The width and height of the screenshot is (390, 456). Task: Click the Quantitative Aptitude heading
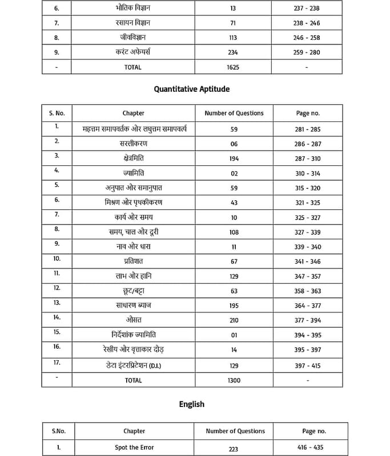point(192,89)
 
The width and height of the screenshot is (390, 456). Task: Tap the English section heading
point(191,404)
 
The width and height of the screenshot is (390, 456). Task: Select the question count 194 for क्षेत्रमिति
point(234,158)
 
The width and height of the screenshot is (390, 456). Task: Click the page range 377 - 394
point(307,320)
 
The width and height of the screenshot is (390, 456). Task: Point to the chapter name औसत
point(133,320)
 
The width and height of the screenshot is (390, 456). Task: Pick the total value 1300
point(234,380)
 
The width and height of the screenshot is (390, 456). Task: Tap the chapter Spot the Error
point(134,447)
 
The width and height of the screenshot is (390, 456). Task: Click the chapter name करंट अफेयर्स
point(133,52)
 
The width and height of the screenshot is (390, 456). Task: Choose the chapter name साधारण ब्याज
point(133,306)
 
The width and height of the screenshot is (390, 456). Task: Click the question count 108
point(234,232)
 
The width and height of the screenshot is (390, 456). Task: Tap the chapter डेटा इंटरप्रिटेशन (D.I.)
point(134,365)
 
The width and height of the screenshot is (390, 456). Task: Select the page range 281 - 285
point(307,129)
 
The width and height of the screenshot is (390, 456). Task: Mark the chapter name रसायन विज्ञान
point(133,23)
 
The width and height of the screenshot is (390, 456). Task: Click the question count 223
point(233,449)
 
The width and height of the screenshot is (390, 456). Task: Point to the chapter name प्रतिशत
point(133,261)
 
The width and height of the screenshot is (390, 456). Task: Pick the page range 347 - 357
point(307,276)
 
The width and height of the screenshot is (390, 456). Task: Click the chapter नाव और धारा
point(133,247)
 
